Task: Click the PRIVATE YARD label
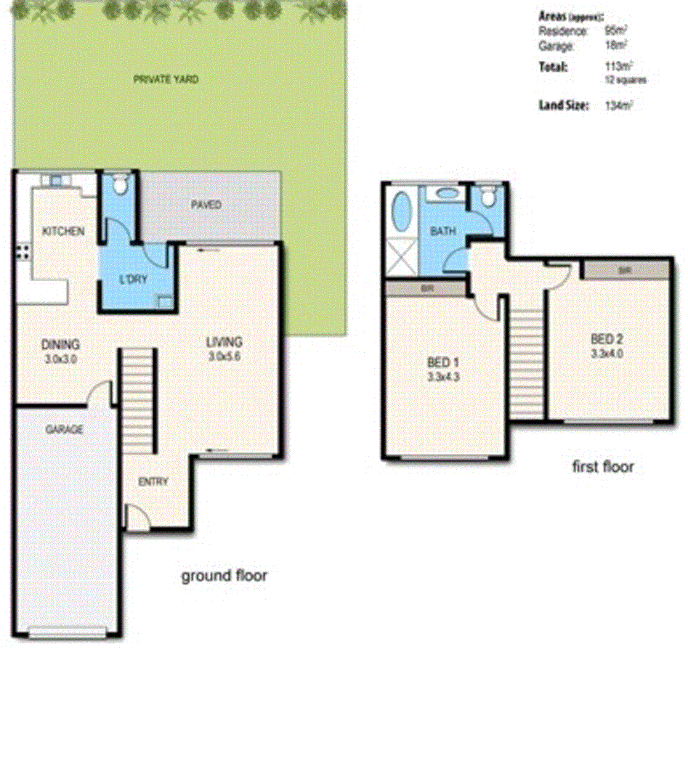[x=166, y=79]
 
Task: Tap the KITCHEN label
[x=63, y=231]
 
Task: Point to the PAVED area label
[x=206, y=205]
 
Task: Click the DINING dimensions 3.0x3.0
[x=61, y=359]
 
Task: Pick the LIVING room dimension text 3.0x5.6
[x=224, y=356]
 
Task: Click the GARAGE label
[x=65, y=429]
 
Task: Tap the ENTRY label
[x=153, y=481]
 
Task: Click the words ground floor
[x=224, y=576]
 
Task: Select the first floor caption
[x=603, y=466]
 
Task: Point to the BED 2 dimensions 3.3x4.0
[x=607, y=354]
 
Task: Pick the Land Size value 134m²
[x=618, y=105]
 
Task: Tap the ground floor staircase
[x=138, y=401]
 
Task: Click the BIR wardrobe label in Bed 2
[x=625, y=269]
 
